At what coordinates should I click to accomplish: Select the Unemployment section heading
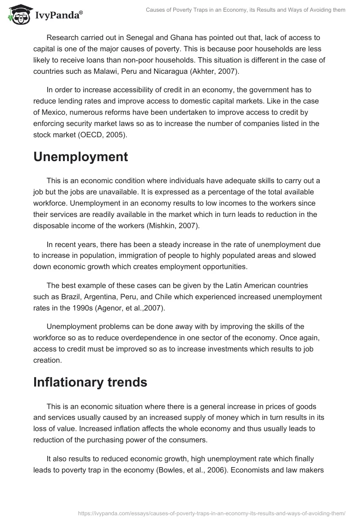pyautogui.click(x=81, y=157)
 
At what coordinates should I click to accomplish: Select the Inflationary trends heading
pyautogui.click(x=90, y=382)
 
